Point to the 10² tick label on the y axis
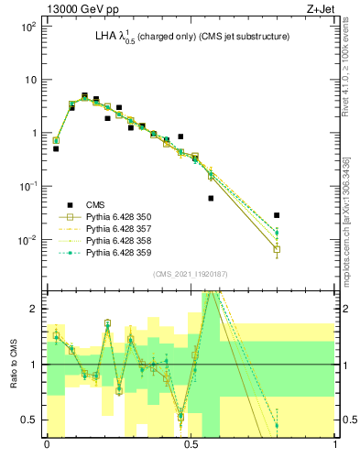click(x=28, y=27)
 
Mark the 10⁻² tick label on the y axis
click(x=28, y=240)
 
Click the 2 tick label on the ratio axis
click(x=33, y=310)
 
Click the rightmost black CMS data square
click(x=277, y=215)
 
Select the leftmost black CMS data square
click(x=56, y=148)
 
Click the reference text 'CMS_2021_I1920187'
click(x=191, y=274)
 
